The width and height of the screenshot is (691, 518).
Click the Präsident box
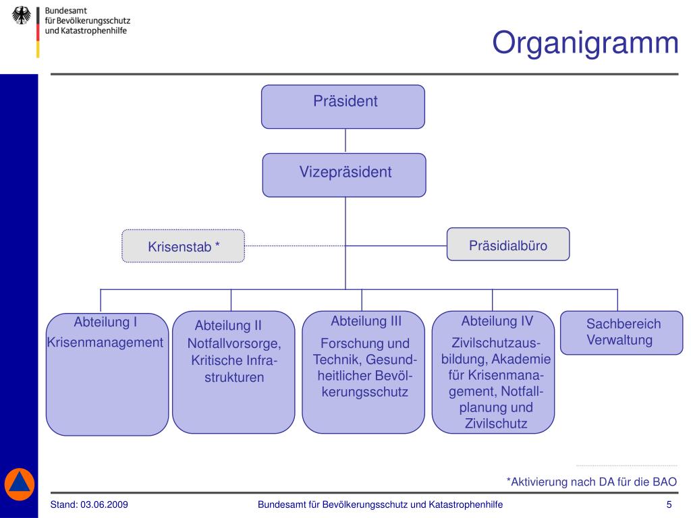(x=343, y=107)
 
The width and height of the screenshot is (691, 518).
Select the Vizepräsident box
(x=344, y=175)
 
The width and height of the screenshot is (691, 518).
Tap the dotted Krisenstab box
(x=184, y=246)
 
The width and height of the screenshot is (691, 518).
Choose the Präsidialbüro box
(x=508, y=244)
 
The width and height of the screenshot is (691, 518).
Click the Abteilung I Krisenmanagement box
(x=107, y=374)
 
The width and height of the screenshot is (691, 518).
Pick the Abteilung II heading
(x=228, y=326)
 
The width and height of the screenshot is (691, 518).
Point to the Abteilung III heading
(x=366, y=321)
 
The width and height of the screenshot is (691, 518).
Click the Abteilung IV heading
(x=497, y=321)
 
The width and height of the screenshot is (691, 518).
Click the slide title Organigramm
(x=584, y=43)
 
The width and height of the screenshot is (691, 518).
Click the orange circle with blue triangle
(x=19, y=484)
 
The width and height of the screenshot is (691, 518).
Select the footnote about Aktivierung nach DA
(x=591, y=482)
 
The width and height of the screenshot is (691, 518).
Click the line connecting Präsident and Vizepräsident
(x=345, y=140)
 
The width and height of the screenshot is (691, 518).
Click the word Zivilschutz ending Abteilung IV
(x=496, y=424)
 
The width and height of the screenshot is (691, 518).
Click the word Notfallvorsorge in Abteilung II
(x=233, y=344)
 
